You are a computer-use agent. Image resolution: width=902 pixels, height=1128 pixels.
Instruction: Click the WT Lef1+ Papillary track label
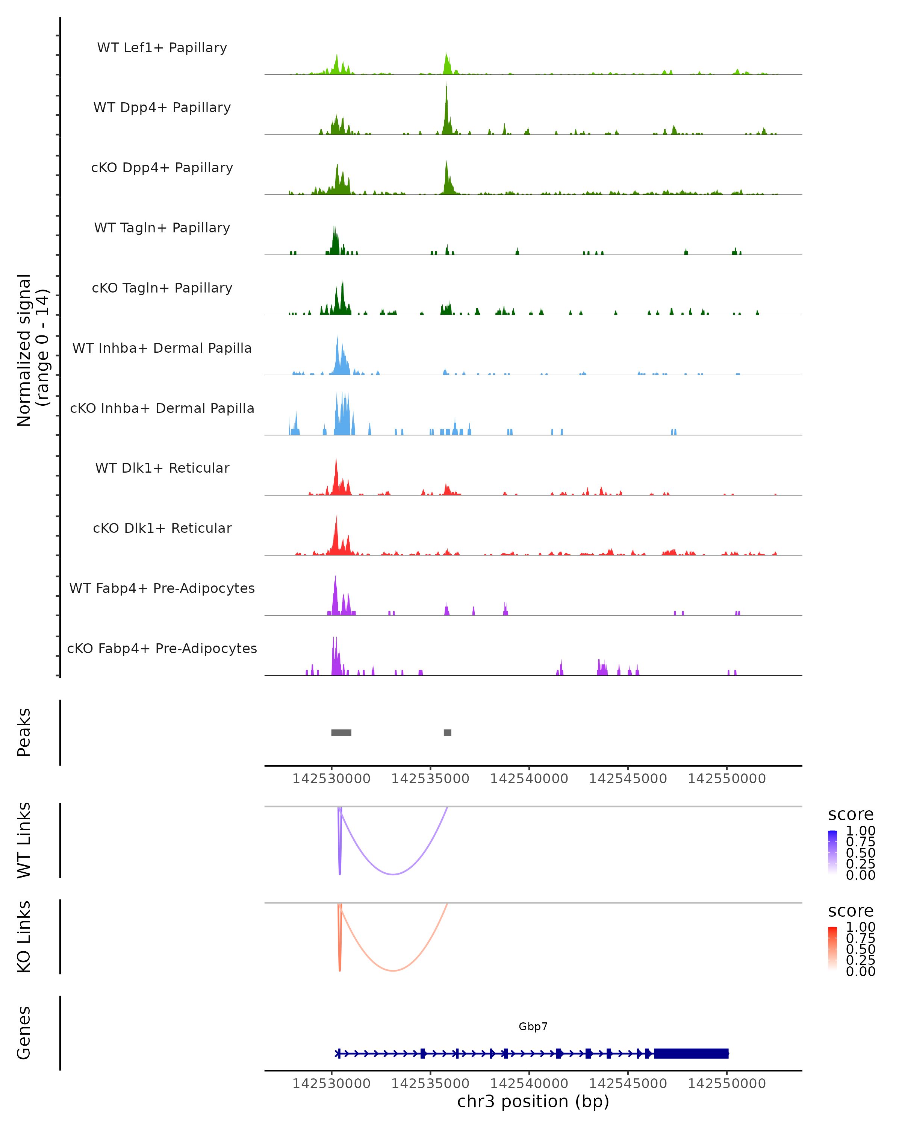162,48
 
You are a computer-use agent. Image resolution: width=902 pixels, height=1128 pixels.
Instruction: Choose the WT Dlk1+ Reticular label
162,468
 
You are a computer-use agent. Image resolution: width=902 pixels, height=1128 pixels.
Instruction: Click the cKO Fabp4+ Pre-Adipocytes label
162,648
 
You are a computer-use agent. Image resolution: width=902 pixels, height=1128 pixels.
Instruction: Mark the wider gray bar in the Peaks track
341,732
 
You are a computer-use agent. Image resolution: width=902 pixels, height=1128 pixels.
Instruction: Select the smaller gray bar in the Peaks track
447,732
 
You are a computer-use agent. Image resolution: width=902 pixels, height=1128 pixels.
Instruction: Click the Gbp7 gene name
533,1026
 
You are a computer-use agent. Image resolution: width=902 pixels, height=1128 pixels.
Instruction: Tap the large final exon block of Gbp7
691,1054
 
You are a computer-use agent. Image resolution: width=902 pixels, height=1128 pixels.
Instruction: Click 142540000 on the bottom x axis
529,1084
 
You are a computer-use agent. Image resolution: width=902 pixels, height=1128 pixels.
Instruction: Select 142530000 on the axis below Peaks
331,779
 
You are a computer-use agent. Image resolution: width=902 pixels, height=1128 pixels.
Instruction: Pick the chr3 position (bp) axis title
533,1102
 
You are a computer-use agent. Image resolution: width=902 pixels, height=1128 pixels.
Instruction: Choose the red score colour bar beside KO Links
832,949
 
